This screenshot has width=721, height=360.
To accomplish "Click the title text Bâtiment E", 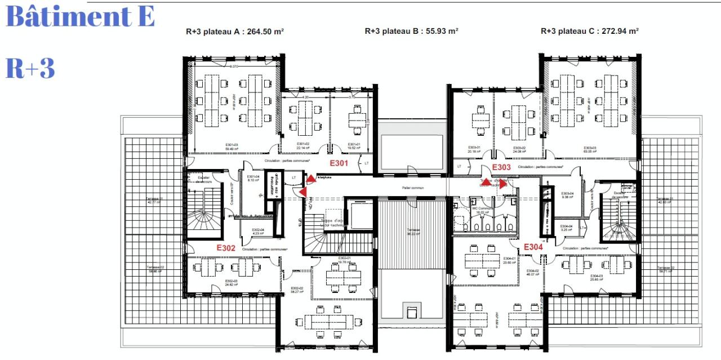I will [x=80, y=17].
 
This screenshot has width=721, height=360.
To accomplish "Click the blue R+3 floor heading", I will [x=30, y=68].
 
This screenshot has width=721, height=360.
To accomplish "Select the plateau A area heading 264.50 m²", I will [x=235, y=32].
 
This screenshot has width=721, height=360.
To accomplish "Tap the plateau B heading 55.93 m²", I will [x=411, y=32].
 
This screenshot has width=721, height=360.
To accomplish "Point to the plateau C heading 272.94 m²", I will [x=589, y=32].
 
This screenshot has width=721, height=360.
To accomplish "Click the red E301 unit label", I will [x=339, y=164].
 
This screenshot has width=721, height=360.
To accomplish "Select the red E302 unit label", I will [x=226, y=248].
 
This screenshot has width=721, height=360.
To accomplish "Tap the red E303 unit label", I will [x=501, y=167].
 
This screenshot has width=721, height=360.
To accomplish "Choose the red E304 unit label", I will [x=533, y=247].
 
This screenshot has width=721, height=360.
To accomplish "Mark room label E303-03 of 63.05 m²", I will [x=590, y=149].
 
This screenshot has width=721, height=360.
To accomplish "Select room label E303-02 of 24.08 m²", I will [x=519, y=149].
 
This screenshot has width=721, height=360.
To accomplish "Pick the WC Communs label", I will [x=482, y=210].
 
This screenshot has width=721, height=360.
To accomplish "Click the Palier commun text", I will [x=413, y=188].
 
